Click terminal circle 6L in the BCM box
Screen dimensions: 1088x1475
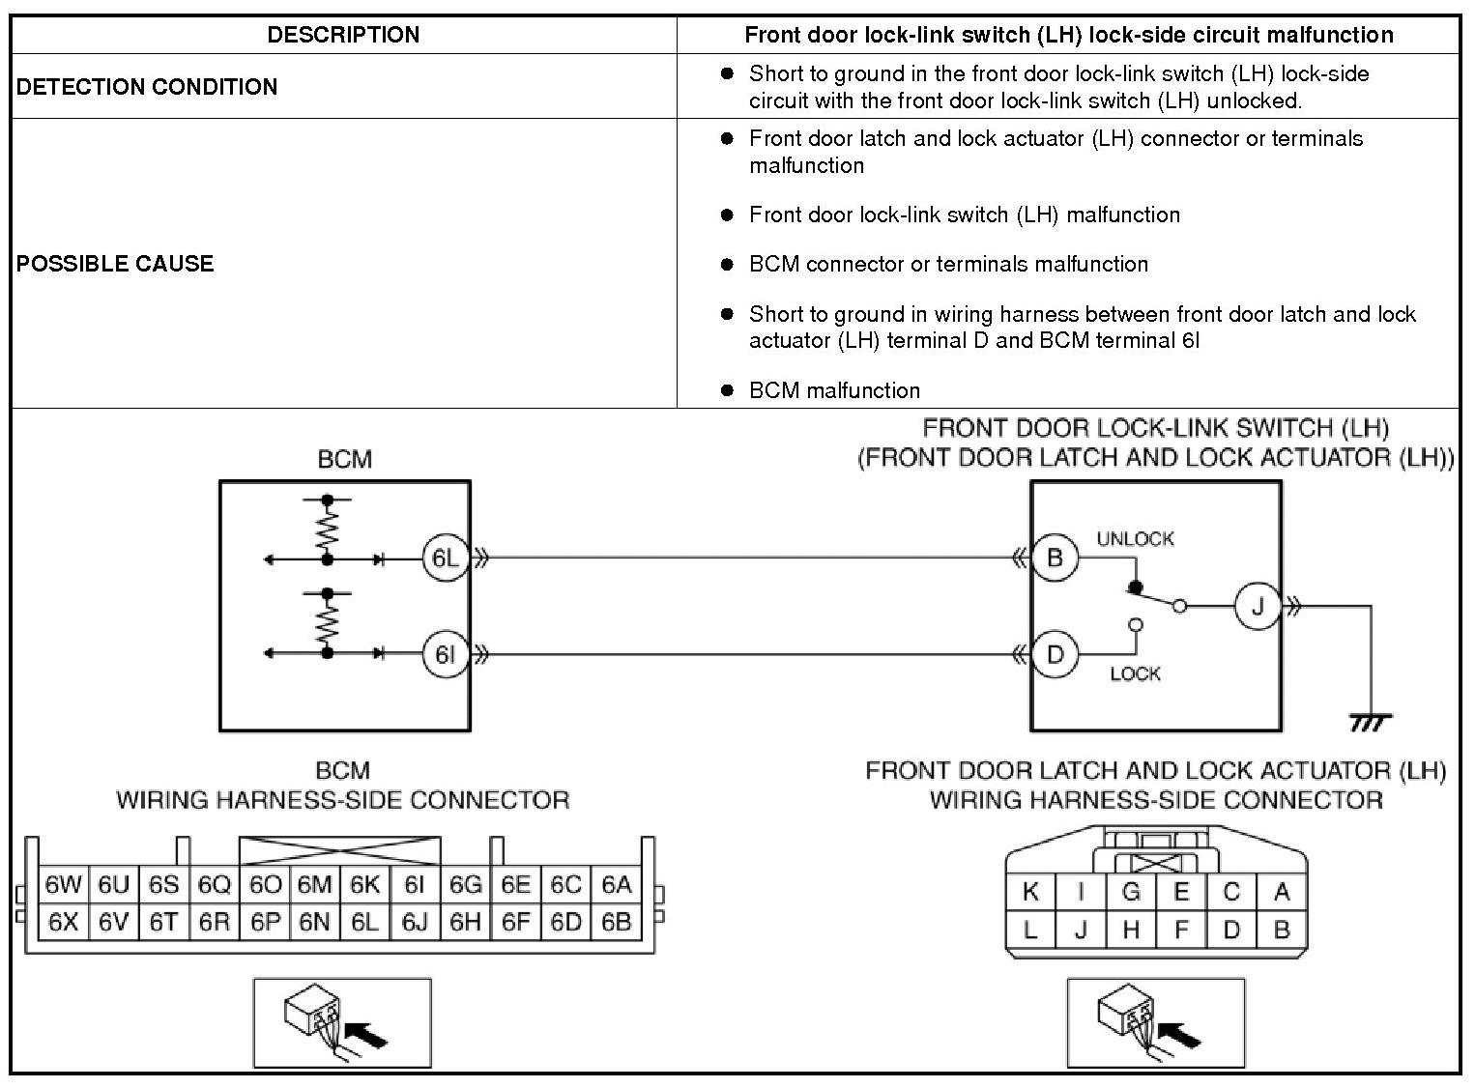(x=445, y=558)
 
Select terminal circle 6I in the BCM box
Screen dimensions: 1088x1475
(x=445, y=655)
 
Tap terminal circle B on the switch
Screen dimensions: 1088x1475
(x=1055, y=558)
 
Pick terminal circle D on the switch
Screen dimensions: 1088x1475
(x=1055, y=655)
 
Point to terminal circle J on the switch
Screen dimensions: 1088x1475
(x=1258, y=607)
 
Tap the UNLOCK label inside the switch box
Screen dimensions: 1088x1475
(x=1135, y=539)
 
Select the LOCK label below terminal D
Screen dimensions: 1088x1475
(x=1135, y=673)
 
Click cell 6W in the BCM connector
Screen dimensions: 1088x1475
(x=64, y=885)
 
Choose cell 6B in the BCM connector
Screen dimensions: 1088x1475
(x=616, y=922)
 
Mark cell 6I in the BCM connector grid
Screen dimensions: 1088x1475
(x=415, y=885)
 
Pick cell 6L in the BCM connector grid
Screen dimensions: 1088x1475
(x=364, y=922)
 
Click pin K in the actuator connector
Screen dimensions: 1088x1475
(x=1030, y=892)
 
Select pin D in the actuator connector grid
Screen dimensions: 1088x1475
(x=1231, y=930)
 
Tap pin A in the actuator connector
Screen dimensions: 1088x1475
(x=1282, y=892)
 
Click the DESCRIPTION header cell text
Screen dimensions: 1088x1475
(x=343, y=35)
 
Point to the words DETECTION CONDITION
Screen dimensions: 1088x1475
(x=147, y=87)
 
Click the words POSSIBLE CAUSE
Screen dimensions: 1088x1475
(x=115, y=264)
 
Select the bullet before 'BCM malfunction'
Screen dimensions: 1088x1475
(x=727, y=390)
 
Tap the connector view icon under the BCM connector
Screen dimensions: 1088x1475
(x=342, y=1022)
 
